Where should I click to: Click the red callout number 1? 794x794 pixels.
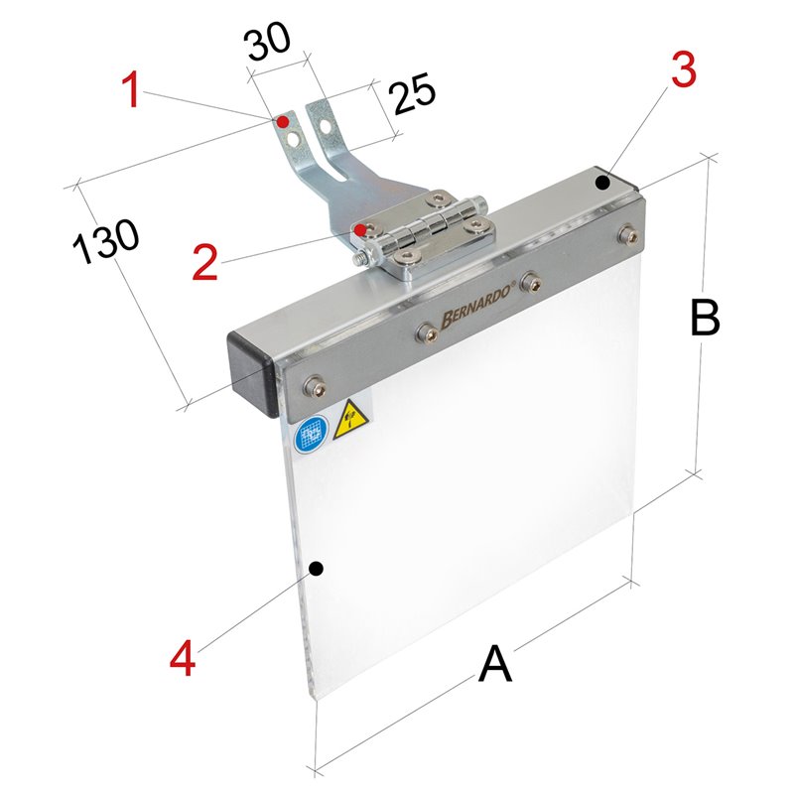tap(133, 90)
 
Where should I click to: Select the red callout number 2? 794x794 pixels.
tap(205, 262)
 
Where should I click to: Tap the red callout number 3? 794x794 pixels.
tap(683, 69)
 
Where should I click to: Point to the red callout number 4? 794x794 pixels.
tap(183, 657)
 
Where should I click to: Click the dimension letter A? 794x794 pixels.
tap(494, 664)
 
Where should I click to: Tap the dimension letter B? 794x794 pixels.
tap(705, 318)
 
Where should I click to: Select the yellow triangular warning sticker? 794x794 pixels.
tap(351, 420)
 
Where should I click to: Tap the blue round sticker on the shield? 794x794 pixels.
tap(311, 436)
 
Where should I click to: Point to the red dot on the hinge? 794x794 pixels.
tap(360, 230)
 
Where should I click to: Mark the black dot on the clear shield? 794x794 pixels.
tap(316, 569)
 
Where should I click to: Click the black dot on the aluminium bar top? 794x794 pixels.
tap(602, 183)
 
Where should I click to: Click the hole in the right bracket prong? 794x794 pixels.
tap(327, 125)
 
